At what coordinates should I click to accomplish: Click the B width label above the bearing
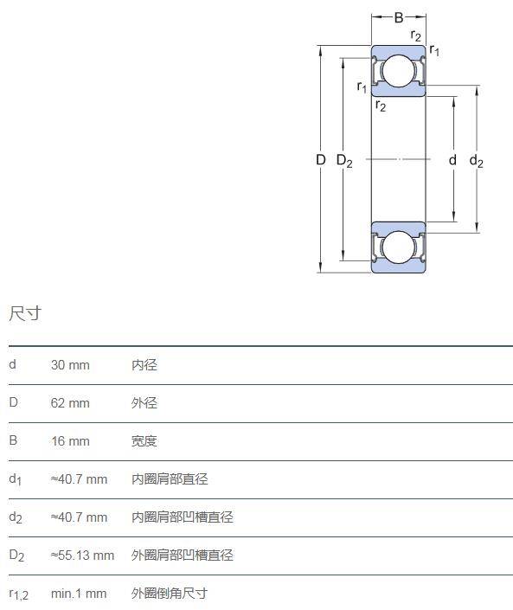coord(399,17)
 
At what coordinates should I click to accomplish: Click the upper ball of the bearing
coord(398,71)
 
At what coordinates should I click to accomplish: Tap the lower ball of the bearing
coord(398,247)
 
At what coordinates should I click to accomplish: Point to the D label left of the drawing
coord(320,159)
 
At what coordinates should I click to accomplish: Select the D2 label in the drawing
coord(344,160)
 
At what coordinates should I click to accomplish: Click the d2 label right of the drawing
coord(476,160)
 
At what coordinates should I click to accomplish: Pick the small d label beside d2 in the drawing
coord(452,159)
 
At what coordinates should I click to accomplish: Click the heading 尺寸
coord(25,313)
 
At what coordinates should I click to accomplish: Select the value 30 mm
coord(70,365)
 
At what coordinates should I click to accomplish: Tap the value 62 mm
coord(70,402)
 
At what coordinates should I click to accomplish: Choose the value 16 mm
coord(70,441)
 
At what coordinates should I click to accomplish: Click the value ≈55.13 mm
coord(82,555)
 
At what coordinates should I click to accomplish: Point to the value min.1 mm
coord(79,594)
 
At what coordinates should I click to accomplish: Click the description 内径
coord(144,365)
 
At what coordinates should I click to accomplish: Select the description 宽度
coord(144,441)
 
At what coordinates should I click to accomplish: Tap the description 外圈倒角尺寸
coord(170,594)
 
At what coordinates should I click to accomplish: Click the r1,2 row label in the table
coord(19,594)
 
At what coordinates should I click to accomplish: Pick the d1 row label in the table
coord(16,479)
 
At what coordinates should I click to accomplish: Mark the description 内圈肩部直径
coord(170,478)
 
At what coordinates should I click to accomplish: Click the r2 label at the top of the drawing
coord(416,35)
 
